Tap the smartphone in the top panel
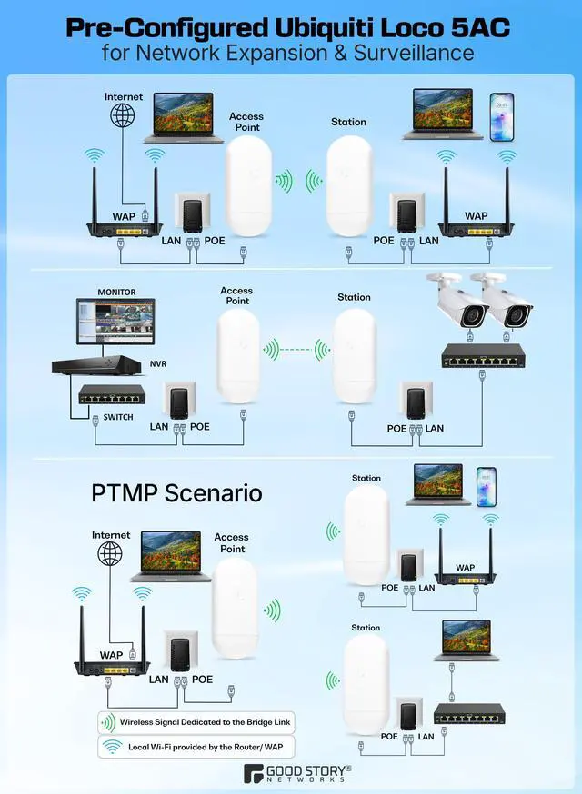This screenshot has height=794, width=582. pyautogui.click(x=501, y=116)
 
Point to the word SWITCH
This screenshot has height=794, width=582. pyautogui.click(x=117, y=417)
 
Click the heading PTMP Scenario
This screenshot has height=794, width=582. pyautogui.click(x=176, y=492)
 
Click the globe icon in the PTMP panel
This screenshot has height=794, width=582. pyautogui.click(x=110, y=553)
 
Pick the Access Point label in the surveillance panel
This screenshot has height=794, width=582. pyautogui.click(x=236, y=295)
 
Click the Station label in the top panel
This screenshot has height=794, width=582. pyautogui.click(x=348, y=122)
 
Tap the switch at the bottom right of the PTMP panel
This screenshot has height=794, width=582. pyautogui.click(x=469, y=713)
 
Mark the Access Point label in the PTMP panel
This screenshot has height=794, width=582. pyautogui.click(x=231, y=542)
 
